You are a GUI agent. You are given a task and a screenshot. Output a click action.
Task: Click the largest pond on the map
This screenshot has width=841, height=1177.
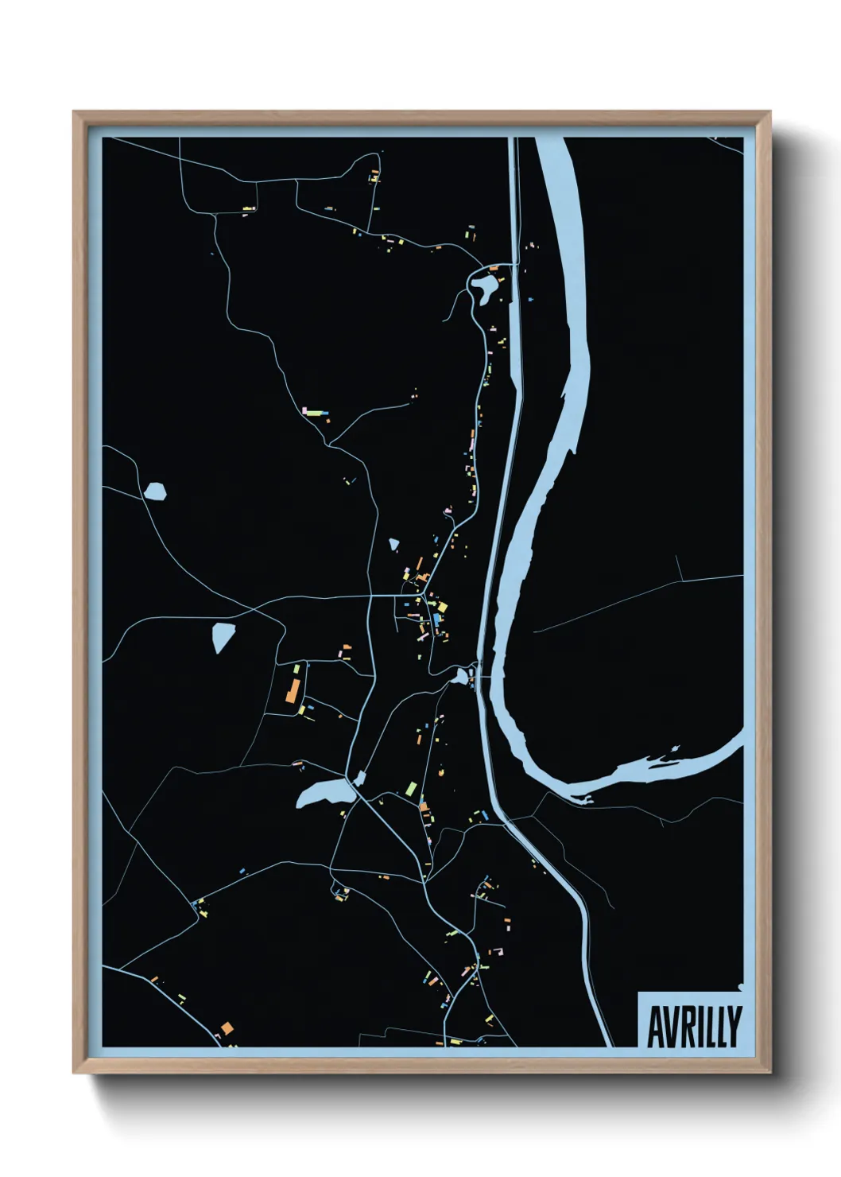[x=324, y=794]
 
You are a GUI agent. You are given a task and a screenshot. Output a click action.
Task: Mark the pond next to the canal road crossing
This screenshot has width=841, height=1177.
[x=459, y=677]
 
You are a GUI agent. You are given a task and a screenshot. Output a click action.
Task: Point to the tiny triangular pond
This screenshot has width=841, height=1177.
[x=393, y=545]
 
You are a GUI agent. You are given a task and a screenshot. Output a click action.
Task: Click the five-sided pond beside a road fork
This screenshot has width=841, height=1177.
[x=156, y=491]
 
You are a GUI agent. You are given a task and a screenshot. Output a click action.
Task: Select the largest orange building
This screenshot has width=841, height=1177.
[x=293, y=689]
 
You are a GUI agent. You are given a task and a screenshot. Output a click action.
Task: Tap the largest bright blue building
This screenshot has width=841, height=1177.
[x=436, y=619]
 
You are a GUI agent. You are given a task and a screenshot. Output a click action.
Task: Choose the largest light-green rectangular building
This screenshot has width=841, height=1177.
[x=411, y=789]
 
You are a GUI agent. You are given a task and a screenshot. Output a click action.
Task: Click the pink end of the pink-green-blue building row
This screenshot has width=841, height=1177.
[x=305, y=410]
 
